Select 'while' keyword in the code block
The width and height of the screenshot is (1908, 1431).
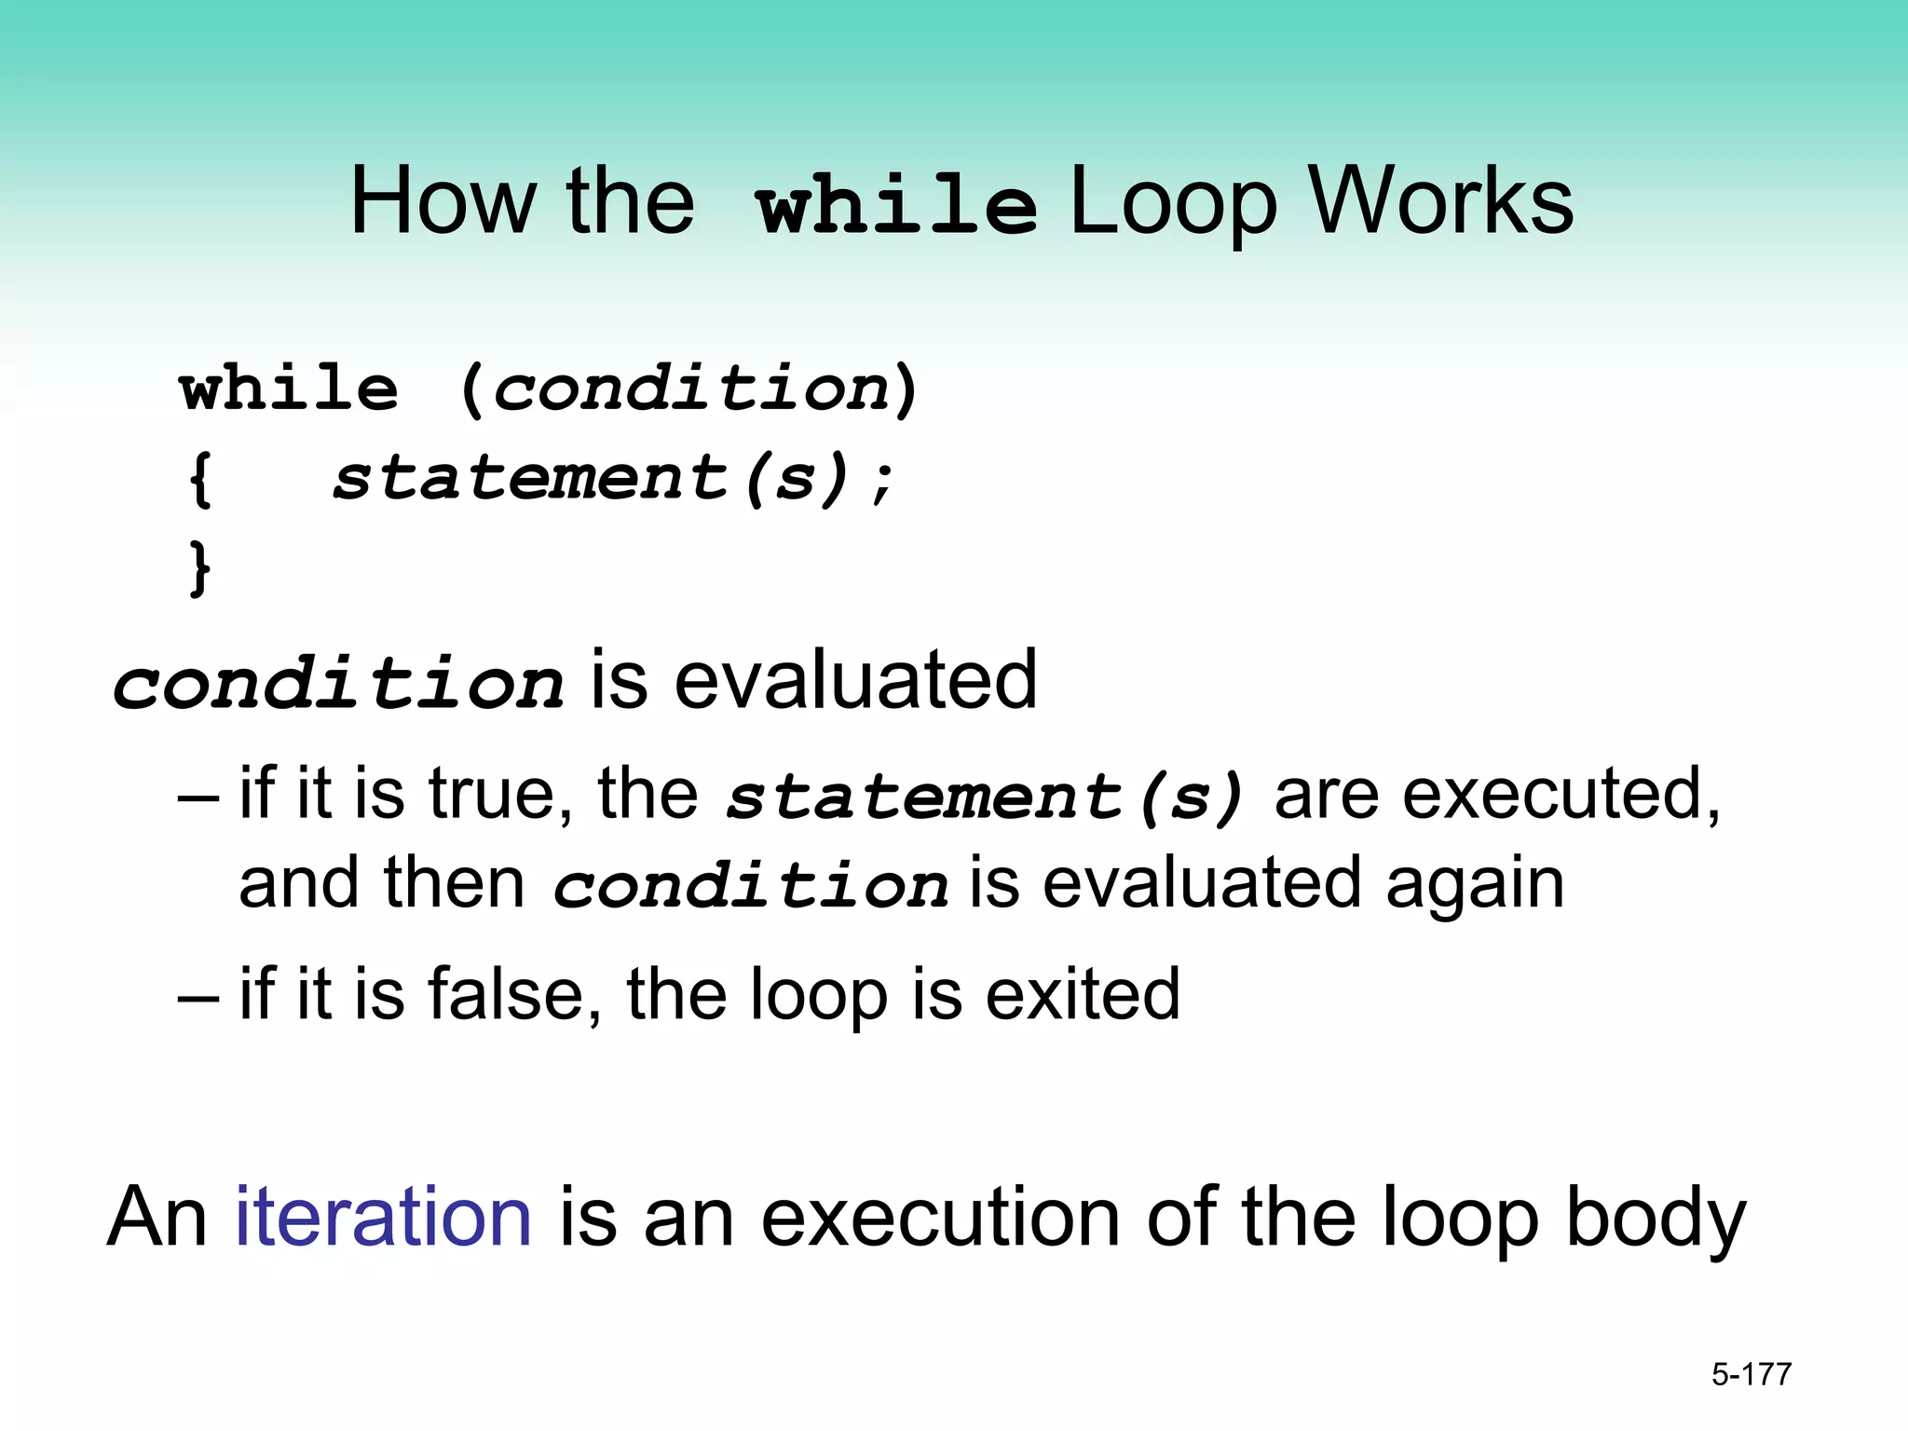(289, 388)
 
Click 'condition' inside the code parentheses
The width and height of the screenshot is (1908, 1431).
(691, 388)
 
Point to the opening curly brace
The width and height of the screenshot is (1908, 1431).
(200, 480)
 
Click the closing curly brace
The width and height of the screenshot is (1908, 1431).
(200, 568)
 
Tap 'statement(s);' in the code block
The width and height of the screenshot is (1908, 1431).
(613, 478)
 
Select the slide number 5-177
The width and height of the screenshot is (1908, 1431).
(1751, 1374)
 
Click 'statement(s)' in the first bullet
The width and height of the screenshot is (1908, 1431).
(985, 798)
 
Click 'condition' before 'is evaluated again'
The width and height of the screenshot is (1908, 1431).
(751, 885)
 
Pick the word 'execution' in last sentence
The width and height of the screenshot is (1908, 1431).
(940, 1219)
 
